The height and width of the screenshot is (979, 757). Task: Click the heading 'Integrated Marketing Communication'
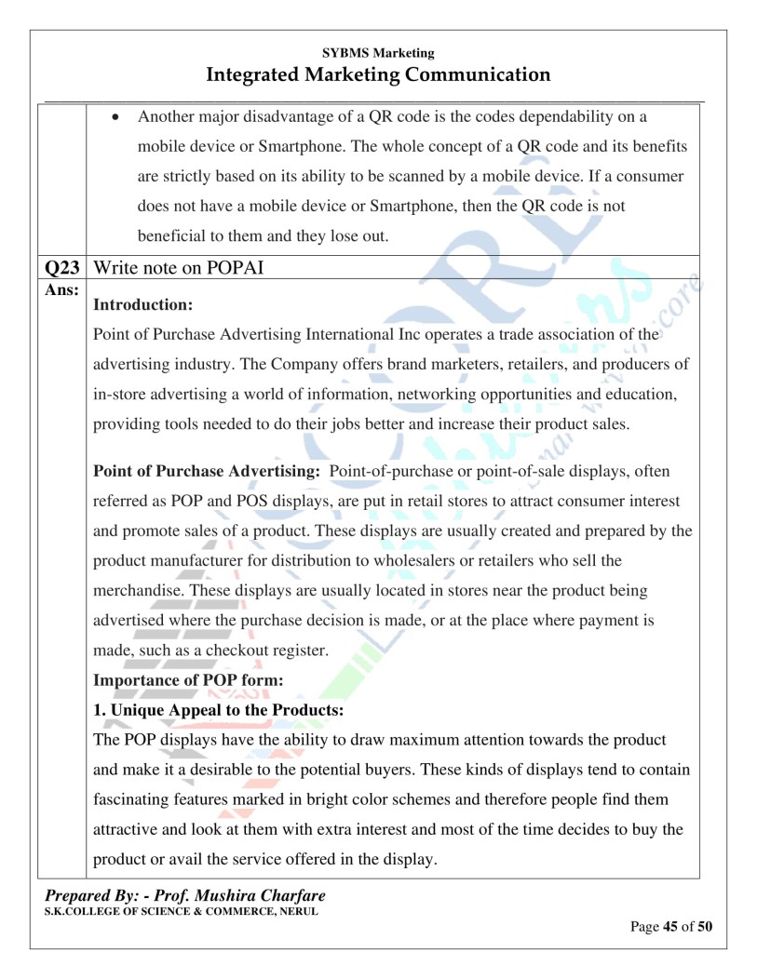point(378,74)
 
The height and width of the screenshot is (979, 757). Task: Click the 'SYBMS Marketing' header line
point(378,53)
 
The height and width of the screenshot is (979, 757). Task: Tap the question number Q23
point(63,269)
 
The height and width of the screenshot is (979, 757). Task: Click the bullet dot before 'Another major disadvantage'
point(115,117)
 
